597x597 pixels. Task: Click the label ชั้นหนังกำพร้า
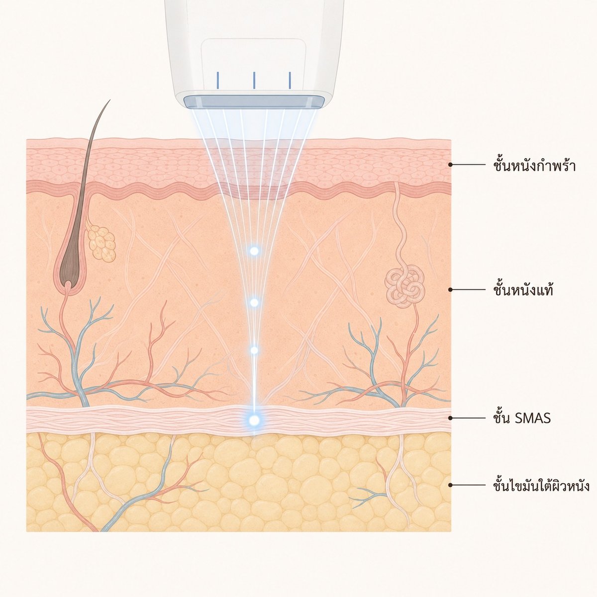point(534,166)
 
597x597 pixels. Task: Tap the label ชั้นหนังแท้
point(523,290)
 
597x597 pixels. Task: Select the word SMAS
point(533,418)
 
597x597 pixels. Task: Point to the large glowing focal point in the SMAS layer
point(254,420)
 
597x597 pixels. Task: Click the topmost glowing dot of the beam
point(254,251)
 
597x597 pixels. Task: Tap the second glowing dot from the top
point(254,302)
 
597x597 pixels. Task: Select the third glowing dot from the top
point(254,350)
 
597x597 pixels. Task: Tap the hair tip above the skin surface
point(109,100)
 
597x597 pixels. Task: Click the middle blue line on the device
point(254,80)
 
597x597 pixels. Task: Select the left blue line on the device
point(218,80)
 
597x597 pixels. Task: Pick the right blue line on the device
point(290,80)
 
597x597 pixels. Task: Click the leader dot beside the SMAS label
point(450,418)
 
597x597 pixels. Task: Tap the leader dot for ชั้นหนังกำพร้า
point(450,165)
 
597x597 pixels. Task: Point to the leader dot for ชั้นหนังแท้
point(450,290)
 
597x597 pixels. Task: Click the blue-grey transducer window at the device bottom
point(254,102)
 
